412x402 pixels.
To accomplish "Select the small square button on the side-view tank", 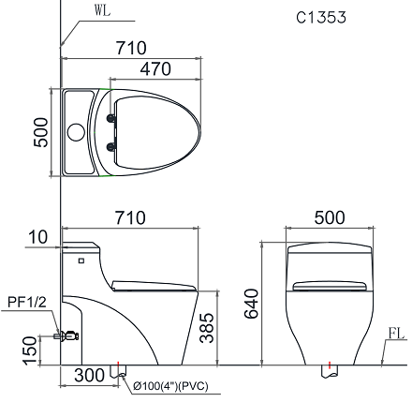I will coord(81,258).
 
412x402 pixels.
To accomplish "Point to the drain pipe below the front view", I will coord(330,372).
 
